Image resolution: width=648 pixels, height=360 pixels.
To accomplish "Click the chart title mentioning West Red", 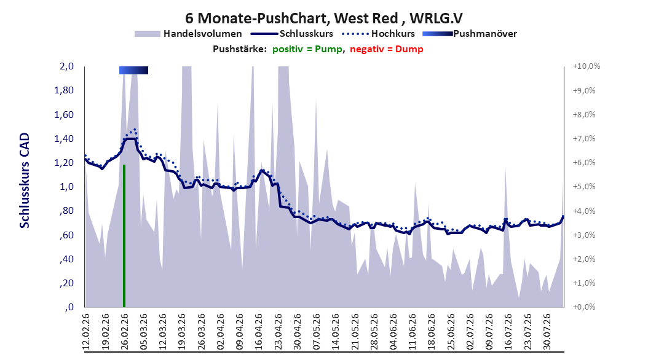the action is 324,18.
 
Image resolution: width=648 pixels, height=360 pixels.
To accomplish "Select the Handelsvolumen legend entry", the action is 188,34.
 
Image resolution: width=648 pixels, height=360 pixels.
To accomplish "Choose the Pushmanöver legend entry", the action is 470,34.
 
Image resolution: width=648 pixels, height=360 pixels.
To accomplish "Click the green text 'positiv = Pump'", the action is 307,49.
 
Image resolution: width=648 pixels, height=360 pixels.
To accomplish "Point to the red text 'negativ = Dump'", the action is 387,49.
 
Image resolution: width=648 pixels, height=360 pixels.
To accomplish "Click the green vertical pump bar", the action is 124,236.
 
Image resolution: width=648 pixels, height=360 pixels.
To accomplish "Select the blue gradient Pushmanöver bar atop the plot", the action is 133,70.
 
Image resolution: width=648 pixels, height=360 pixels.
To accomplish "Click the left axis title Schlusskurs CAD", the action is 25,181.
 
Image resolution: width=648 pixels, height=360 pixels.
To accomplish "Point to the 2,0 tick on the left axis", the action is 66,66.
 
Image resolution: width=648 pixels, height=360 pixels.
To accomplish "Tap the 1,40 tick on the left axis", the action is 64,139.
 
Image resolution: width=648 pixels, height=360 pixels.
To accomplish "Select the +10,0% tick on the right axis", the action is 587,66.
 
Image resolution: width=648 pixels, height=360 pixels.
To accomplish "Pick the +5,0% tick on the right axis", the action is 584,187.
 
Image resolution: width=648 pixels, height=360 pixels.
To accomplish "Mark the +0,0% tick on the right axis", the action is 584,307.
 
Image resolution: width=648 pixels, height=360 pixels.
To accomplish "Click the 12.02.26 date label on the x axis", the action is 86,332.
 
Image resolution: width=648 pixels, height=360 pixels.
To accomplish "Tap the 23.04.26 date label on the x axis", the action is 278,332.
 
